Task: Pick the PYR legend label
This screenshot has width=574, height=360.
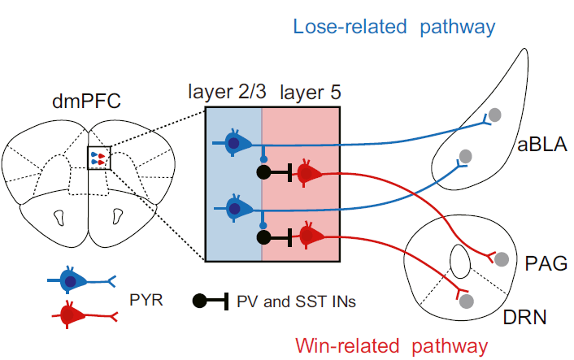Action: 146,301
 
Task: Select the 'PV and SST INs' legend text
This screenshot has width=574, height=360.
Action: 296,301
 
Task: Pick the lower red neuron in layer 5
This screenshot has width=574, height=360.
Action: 310,236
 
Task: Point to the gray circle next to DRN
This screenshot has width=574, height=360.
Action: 467,301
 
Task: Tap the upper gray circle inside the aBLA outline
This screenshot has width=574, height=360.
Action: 493,115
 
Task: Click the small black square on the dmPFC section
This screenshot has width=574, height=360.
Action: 98,158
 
